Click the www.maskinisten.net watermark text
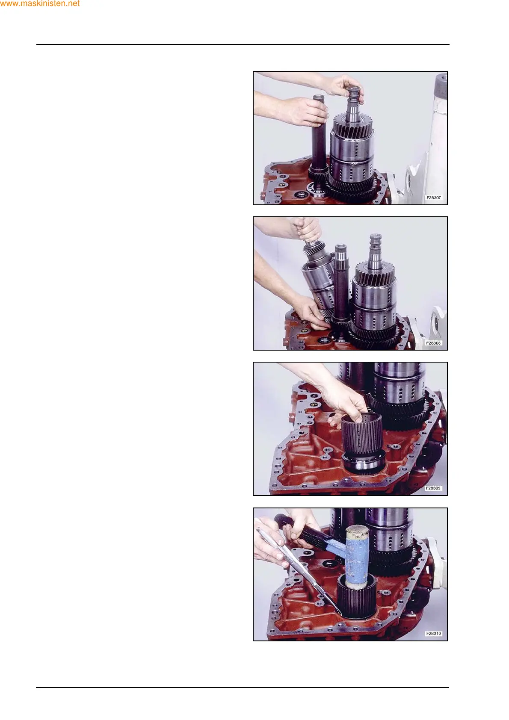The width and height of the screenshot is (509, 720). click(x=40, y=3)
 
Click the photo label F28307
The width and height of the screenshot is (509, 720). click(x=433, y=198)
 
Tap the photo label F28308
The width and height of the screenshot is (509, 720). click(x=433, y=343)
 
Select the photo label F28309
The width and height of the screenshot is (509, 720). click(x=433, y=488)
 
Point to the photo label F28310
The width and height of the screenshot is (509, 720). click(x=433, y=634)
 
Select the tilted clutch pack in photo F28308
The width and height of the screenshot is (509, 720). click(x=318, y=280)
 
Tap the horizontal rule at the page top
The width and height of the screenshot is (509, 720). click(x=243, y=44)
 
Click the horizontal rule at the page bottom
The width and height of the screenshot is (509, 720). click(x=243, y=688)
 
